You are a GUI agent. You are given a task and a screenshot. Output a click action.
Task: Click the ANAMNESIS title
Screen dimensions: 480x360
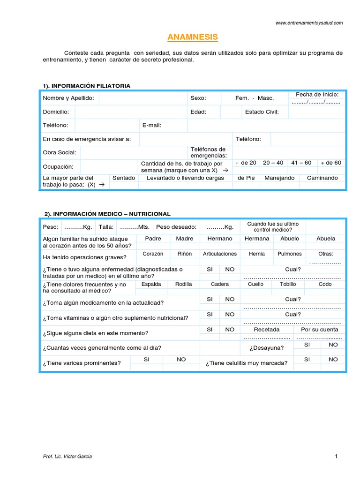192,37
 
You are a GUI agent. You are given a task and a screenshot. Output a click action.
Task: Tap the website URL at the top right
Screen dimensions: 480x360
309,22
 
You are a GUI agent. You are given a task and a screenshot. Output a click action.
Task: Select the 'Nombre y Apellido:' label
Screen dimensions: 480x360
68,98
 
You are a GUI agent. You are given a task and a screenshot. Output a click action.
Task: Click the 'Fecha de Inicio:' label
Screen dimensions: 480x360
317,95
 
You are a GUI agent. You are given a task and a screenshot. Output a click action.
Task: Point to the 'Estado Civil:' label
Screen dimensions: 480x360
262,112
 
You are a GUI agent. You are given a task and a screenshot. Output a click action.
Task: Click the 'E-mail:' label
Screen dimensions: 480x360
152,125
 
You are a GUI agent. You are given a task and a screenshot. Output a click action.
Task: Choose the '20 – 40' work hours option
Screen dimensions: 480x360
273,163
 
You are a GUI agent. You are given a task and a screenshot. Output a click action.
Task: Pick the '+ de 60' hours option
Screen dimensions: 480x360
331,163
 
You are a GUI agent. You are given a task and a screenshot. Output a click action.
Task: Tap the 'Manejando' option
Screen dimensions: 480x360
279,178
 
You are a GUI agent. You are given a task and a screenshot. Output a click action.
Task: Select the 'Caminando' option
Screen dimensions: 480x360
322,178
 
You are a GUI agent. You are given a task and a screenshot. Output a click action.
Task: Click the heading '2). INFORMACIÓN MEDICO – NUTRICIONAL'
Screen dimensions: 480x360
107,214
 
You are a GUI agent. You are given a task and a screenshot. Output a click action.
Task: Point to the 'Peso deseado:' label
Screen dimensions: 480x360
176,227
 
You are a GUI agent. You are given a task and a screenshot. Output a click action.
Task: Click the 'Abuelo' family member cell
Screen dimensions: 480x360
290,239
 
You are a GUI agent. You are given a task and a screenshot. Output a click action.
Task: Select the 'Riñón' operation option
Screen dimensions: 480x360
185,254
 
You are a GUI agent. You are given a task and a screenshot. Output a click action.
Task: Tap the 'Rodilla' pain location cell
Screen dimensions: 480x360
184,284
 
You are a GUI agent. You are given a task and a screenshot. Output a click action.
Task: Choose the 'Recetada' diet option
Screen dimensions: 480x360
267,330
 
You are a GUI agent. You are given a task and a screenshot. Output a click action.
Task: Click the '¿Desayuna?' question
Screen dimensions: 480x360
267,348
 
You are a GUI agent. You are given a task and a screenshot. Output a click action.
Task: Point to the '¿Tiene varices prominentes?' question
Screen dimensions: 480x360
82,363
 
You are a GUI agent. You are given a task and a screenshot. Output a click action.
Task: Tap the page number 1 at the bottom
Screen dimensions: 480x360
336,457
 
